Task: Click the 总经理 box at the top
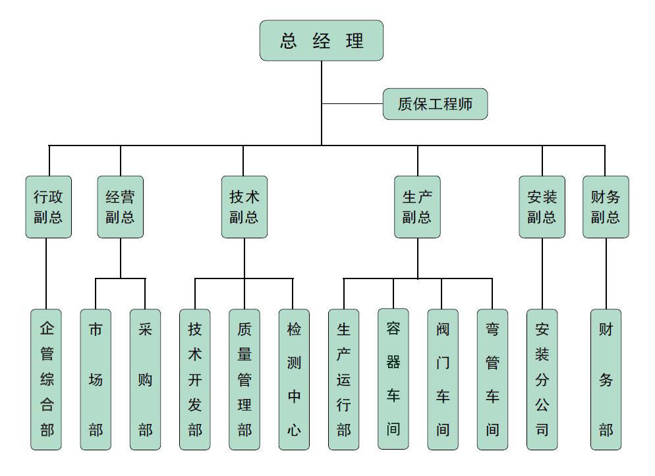pos(321,41)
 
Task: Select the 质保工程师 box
pos(435,104)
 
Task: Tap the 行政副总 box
pos(48,207)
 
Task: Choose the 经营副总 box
pos(120,207)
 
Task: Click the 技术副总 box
pos(244,207)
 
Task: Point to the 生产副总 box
pos(417,207)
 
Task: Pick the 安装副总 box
pos(542,207)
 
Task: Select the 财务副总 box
pos(606,207)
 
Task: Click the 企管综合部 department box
pos(46,379)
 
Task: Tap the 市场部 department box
pos(96,379)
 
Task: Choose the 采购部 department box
pos(145,379)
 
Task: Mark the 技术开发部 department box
pos(195,379)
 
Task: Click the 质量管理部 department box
pos(244,379)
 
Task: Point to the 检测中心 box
pos(294,379)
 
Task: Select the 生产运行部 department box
pos(343,379)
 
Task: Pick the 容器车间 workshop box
pos(393,379)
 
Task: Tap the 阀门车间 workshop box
pos(443,379)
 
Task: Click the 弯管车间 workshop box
pos(492,379)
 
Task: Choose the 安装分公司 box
pos(542,379)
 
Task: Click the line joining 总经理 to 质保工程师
pos(353,104)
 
